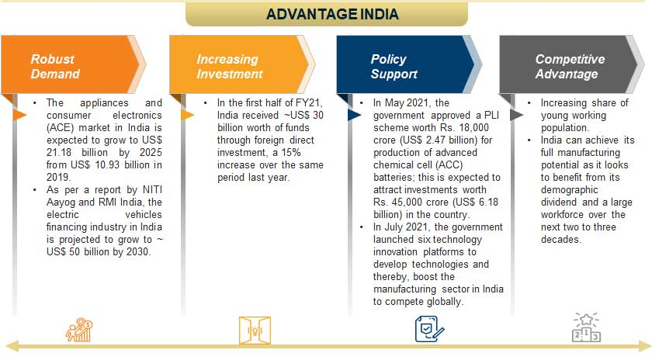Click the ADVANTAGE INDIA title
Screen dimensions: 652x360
332,15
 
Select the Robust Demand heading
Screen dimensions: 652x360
55,67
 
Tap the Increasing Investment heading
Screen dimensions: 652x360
230,67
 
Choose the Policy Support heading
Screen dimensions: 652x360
394,67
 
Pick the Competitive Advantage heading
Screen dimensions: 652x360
570,67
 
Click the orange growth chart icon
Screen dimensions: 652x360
79,330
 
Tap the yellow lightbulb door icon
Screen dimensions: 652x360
255,331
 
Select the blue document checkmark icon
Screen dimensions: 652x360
429,329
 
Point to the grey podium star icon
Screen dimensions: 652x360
586,327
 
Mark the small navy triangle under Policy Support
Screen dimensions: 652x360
354,115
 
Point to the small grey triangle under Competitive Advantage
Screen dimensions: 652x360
516,115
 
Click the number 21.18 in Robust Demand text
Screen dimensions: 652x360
59,153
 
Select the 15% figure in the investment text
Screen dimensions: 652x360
290,153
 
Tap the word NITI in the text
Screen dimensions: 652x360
152,190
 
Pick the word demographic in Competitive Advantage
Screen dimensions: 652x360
569,190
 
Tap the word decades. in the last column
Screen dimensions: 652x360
561,240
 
